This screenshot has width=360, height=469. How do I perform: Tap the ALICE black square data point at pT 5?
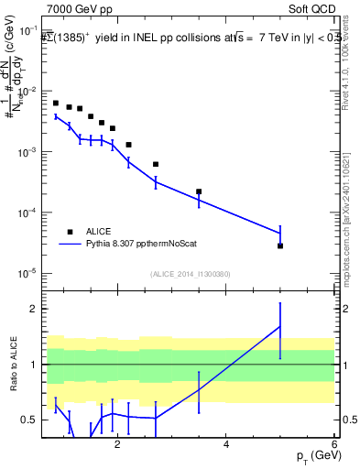[x=280, y=245]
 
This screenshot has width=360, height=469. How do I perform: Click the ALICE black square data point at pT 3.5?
[x=199, y=191]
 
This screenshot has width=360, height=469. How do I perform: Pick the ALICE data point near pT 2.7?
[x=156, y=164]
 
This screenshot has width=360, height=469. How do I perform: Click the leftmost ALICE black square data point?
[x=56, y=104]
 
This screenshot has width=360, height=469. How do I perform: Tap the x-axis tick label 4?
[x=226, y=445]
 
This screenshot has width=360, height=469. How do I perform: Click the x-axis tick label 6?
[x=334, y=445]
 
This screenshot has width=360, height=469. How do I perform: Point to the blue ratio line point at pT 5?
[x=280, y=326]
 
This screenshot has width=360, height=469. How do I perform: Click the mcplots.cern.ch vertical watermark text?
[x=352, y=211]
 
